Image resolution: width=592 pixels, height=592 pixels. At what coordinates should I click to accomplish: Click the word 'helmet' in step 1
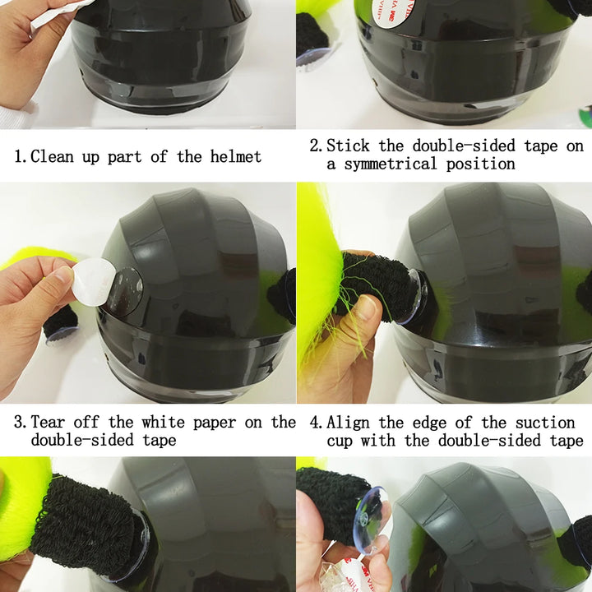coord(236,156)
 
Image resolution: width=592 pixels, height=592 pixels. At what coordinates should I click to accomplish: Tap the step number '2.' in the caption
coord(316,146)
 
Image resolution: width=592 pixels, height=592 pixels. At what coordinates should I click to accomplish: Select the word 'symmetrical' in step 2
coord(390,164)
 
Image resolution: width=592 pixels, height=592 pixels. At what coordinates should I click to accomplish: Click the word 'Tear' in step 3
coord(48,422)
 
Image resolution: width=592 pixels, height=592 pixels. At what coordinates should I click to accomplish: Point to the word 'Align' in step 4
coord(348,423)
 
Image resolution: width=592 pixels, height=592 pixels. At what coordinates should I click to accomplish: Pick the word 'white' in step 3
coord(163,422)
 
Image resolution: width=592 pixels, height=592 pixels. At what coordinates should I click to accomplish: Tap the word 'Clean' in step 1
coord(52,156)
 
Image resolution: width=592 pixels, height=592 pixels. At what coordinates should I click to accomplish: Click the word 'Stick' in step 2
coord(348,146)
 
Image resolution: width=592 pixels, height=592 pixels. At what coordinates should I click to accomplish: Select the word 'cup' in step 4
coord(340,441)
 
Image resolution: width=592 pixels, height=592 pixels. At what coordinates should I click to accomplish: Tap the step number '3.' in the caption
coord(20,422)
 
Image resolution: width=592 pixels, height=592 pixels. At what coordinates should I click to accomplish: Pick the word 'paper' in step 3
coord(215,423)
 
